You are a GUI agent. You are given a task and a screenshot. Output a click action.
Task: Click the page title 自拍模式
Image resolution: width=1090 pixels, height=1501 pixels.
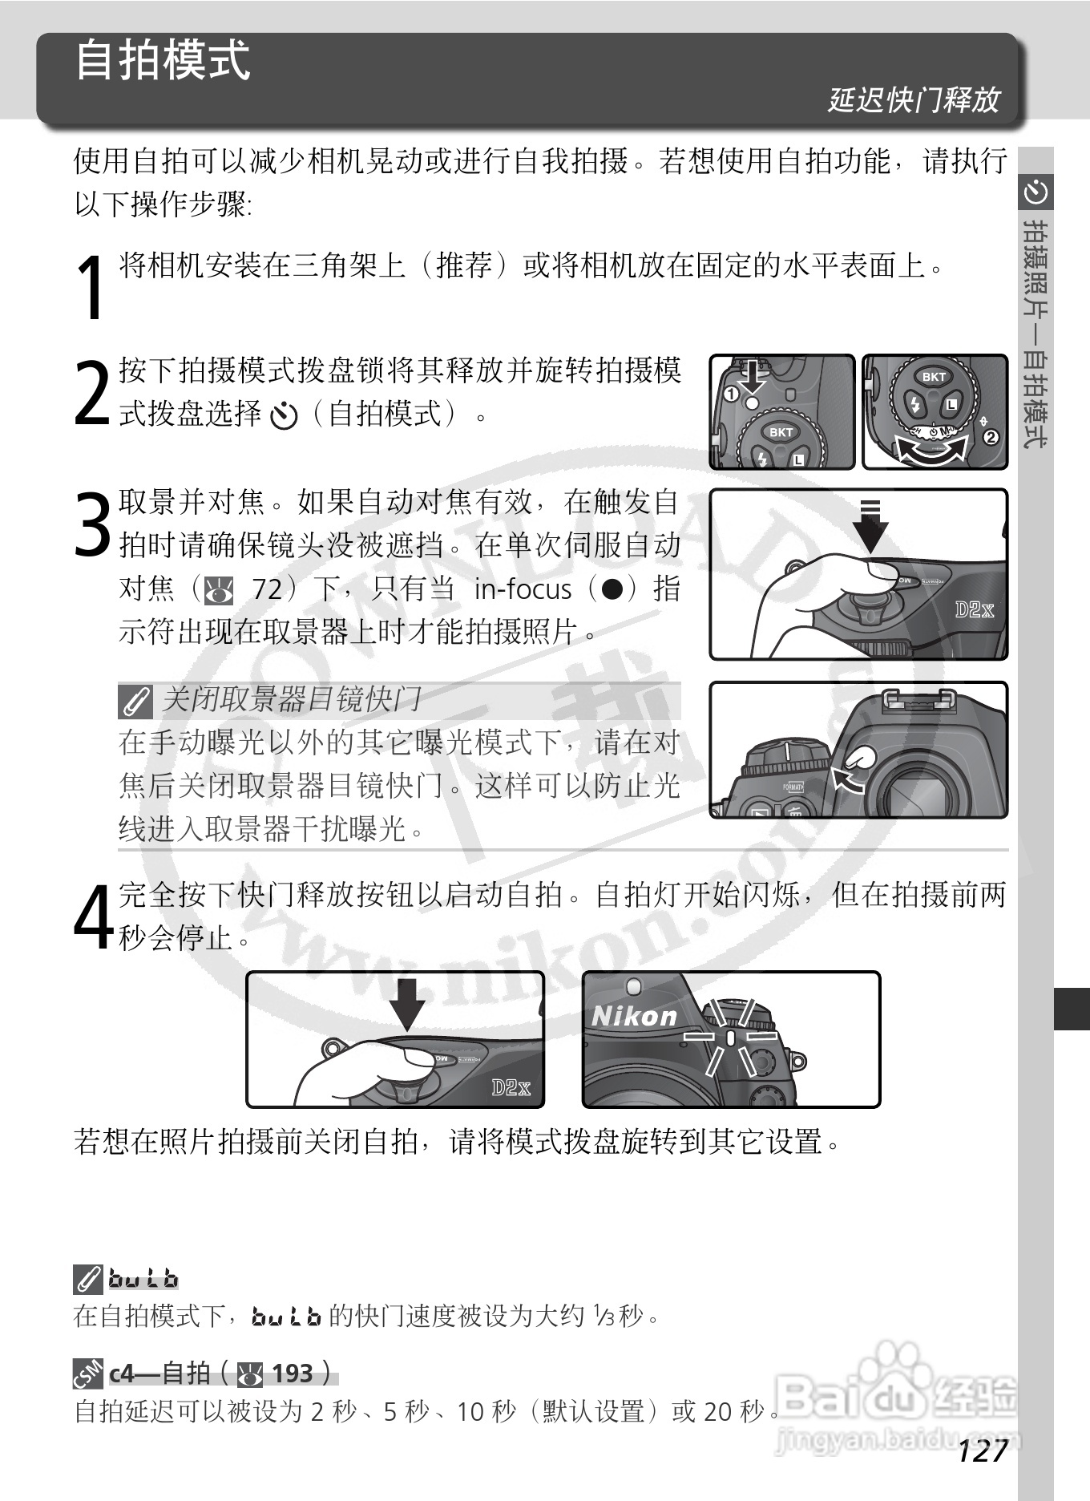click(x=163, y=61)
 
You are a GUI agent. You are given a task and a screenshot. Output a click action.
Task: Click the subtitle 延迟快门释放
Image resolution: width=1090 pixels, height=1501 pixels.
click(x=914, y=100)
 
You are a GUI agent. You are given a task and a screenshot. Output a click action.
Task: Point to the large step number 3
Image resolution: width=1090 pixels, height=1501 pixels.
click(x=91, y=525)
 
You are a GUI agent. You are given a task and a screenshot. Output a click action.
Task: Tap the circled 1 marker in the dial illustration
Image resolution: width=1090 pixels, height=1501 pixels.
click(x=730, y=394)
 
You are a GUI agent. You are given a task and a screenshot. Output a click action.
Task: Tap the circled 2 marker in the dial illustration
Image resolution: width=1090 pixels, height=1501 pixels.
click(x=991, y=437)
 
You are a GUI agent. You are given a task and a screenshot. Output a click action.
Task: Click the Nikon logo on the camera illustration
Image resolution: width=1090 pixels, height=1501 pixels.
click(x=634, y=1017)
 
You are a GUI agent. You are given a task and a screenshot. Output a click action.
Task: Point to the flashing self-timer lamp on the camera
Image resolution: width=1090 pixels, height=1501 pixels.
click(x=730, y=1038)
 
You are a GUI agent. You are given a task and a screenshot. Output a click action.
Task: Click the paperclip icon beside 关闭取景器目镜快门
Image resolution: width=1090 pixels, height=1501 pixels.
click(x=135, y=702)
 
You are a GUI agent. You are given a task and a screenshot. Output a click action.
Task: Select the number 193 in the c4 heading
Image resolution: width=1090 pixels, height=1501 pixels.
click(x=292, y=1374)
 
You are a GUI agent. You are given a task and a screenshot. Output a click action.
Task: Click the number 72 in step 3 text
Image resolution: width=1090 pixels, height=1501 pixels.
click(x=267, y=589)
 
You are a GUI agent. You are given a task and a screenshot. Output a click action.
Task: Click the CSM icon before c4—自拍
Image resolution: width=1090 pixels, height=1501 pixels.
click(x=87, y=1374)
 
